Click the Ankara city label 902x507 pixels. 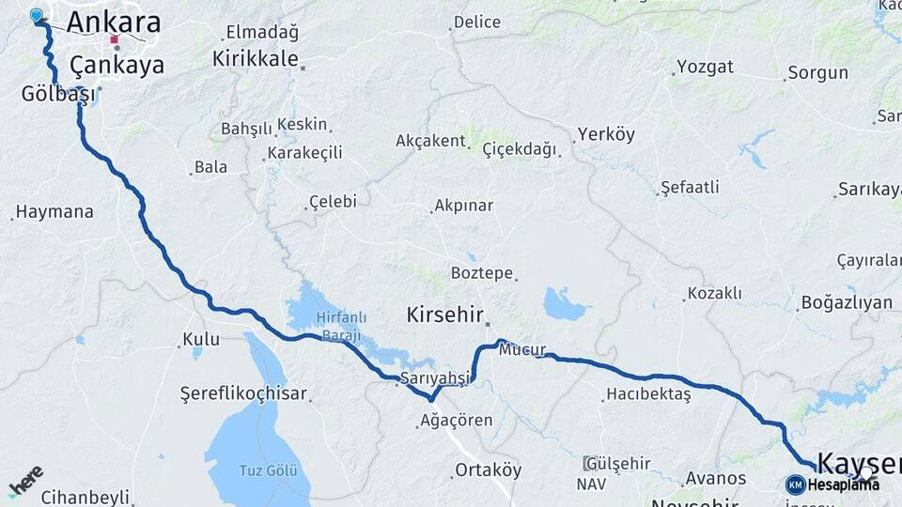pos(114,22)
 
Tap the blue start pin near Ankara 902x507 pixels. pos(37,15)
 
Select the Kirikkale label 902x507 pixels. pos(255,58)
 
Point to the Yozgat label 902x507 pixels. pos(705,68)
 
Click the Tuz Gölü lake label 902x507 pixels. pos(268,469)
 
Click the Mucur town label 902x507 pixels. pos(522,350)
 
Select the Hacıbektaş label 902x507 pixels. pos(648,393)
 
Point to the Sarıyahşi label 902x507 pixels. pos(434,377)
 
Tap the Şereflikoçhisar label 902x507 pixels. pos(243,394)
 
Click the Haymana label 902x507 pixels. pos(54,212)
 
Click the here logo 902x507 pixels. pos(25,481)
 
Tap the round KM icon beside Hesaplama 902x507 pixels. pos(795,484)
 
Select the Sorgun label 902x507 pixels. pos(817,72)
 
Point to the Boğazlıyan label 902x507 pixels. pos(846,303)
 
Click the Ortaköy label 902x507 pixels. pos(488,469)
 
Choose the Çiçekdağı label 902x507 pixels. pos(520,149)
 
